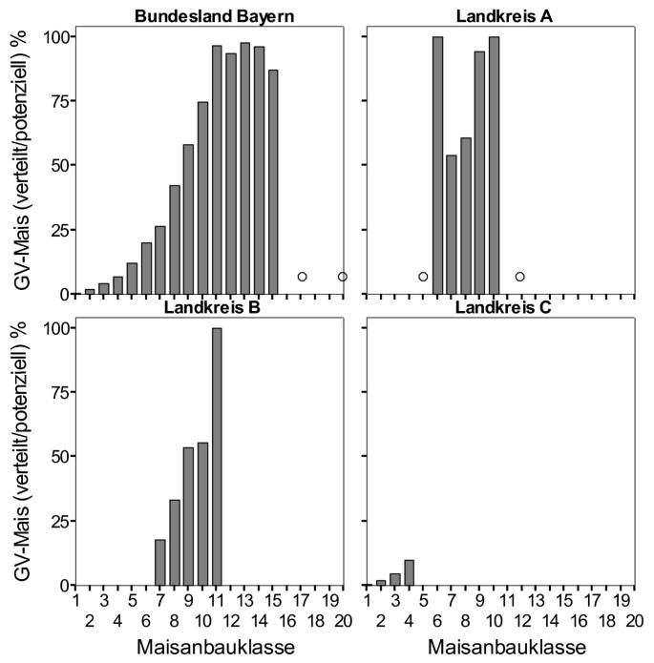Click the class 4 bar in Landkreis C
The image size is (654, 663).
410,572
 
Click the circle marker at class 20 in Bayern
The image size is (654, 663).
343,277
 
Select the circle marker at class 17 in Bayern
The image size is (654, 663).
302,277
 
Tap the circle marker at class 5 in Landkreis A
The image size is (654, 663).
423,277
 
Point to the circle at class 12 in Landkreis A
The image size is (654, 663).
520,277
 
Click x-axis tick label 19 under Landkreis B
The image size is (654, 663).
329,602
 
